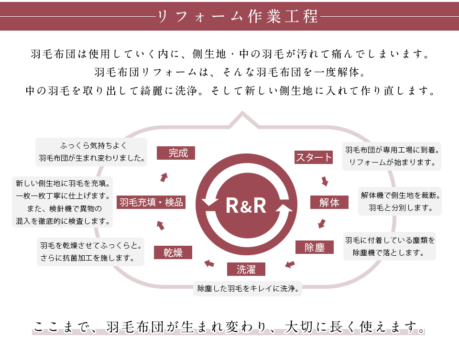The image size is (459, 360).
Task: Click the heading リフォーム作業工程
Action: pos(237,16)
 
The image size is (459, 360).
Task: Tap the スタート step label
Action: pos(314,157)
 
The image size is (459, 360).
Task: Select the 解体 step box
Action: pos(329,202)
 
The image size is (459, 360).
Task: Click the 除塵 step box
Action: pos(314,247)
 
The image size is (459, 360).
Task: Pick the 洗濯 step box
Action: pos(246,270)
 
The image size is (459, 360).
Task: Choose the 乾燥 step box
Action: pos(173,252)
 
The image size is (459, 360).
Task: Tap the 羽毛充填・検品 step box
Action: pos(151,202)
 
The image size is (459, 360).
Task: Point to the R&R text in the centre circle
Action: pos(246,206)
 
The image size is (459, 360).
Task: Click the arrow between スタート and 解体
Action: pos(325,181)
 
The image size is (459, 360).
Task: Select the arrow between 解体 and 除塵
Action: pos(322,223)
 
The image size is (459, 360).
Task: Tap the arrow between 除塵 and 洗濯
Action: pos(290,263)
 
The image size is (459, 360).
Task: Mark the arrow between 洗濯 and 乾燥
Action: pos(209,262)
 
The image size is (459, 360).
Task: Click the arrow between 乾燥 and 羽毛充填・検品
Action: pos(160,225)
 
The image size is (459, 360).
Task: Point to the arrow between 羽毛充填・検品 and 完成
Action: pos(164,177)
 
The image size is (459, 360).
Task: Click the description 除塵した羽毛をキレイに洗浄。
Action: pos(248,289)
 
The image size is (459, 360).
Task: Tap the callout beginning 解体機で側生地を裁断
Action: pos(400,201)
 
